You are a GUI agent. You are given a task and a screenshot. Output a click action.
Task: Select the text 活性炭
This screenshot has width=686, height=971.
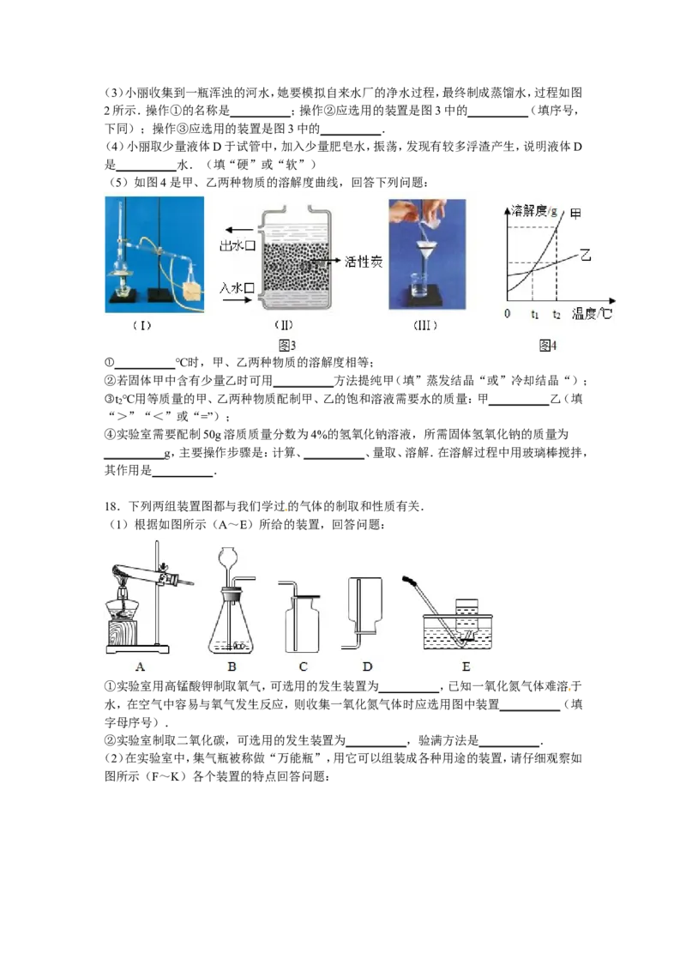tap(364, 262)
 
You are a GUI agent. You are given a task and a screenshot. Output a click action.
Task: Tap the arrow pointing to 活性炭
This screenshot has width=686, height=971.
tap(326, 262)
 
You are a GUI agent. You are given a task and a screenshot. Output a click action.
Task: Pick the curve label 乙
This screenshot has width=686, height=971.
tap(586, 255)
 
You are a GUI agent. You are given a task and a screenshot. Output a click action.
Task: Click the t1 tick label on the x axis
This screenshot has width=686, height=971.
tap(534, 314)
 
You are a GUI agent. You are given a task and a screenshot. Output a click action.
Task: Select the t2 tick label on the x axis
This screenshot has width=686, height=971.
tap(557, 314)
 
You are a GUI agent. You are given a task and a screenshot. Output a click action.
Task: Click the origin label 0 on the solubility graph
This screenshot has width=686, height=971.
tap(507, 314)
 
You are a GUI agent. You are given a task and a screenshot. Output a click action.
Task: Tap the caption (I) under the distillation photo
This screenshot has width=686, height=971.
tap(142, 325)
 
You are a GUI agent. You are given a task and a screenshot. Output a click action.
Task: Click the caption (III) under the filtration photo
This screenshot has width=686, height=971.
tap(425, 325)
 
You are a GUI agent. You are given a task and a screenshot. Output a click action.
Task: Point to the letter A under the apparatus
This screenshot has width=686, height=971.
tap(140, 666)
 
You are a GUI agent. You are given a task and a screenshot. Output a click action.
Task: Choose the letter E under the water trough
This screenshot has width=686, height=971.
tap(466, 666)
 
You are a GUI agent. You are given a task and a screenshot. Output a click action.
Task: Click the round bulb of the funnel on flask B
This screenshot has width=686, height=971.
tap(231, 558)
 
